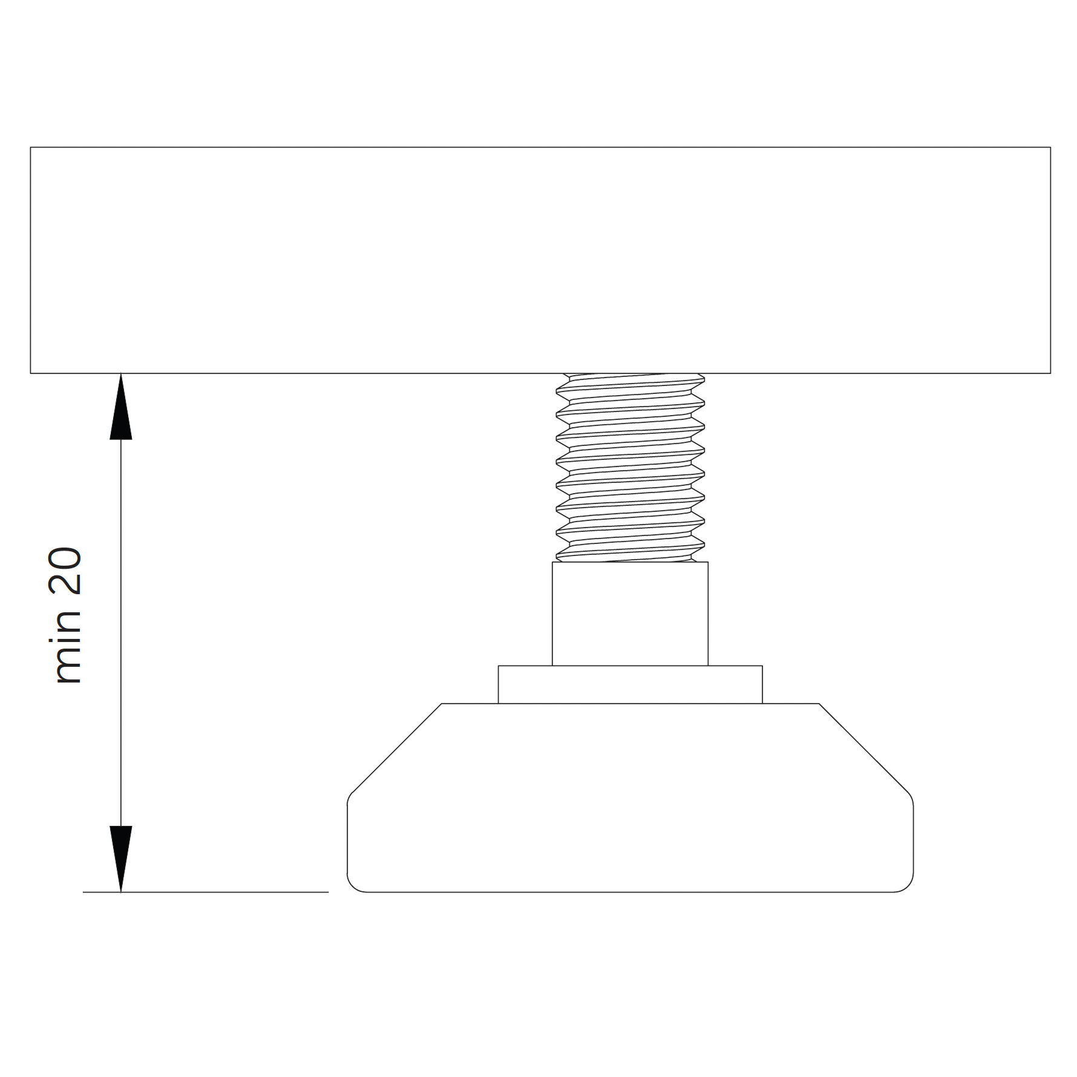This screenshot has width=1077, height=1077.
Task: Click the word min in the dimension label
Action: click(x=68, y=647)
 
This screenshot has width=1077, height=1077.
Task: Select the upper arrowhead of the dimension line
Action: click(x=121, y=406)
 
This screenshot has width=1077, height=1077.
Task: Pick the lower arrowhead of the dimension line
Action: click(x=121, y=859)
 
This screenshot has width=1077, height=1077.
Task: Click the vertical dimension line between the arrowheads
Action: click(x=121, y=632)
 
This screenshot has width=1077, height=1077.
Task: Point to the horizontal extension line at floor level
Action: click(x=206, y=892)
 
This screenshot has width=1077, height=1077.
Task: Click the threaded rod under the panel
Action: click(x=630, y=468)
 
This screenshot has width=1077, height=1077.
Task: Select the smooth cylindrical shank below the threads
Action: click(x=630, y=614)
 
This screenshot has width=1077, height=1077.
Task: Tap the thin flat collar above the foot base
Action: click(x=630, y=684)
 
